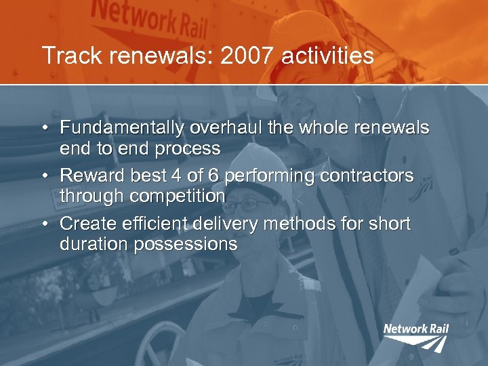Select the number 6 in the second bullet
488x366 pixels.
(x=213, y=176)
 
